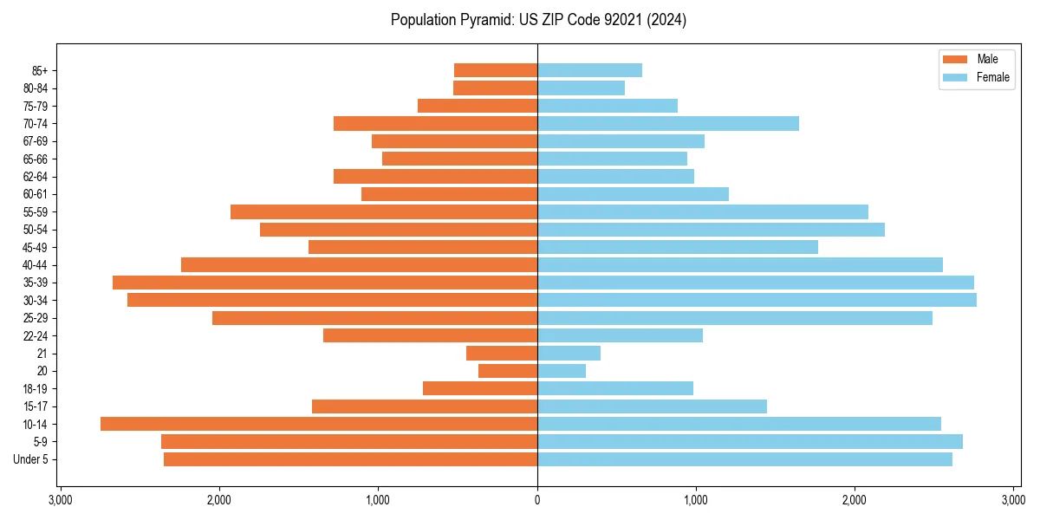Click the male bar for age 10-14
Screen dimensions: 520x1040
[319, 424]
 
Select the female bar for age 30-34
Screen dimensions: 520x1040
[757, 300]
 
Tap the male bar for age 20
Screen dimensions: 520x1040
[508, 371]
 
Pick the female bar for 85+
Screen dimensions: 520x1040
[589, 70]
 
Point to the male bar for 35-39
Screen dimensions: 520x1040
[325, 283]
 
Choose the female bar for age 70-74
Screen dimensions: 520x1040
[667, 123]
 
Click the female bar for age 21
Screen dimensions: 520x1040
[569, 353]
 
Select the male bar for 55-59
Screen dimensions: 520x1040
[384, 211]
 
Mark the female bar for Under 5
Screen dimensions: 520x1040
[744, 459]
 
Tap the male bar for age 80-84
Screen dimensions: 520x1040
[495, 88]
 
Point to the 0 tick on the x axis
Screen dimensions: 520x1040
[537, 500]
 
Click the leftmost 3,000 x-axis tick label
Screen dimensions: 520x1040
[60, 500]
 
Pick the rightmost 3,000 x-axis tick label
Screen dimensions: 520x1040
[1013, 500]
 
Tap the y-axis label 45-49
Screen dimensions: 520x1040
[36, 247]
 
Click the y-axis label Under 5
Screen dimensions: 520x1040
[31, 459]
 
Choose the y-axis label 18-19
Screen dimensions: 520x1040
[36, 388]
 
